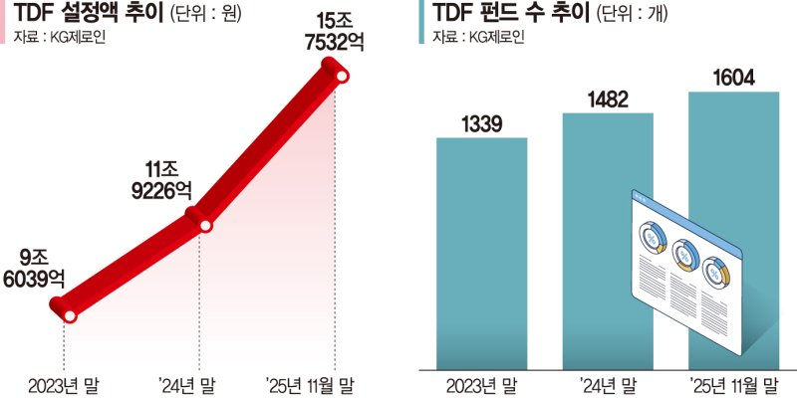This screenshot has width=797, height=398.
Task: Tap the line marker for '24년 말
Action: click(x=204, y=225)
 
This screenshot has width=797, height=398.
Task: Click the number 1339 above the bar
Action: click(x=481, y=124)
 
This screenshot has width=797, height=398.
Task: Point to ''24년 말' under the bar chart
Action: click(x=608, y=383)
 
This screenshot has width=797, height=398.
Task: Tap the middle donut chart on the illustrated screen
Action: click(x=683, y=256)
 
